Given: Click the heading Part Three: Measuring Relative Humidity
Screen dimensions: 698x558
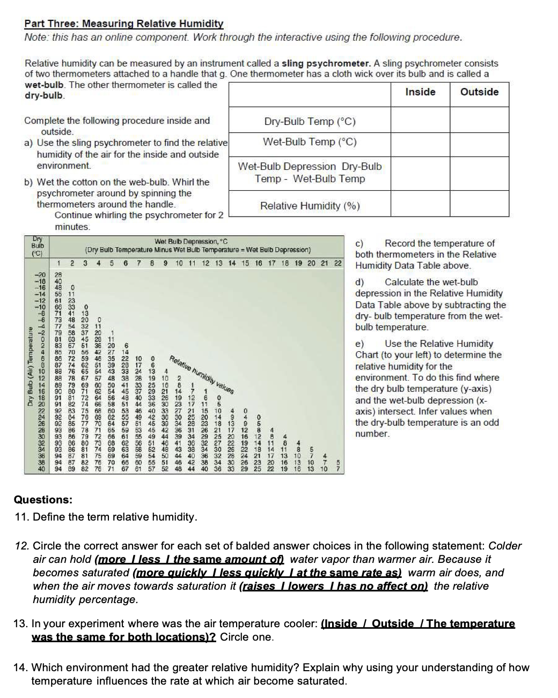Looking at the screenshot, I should click(123, 24).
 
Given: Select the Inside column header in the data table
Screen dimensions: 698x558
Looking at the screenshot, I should click(420, 92).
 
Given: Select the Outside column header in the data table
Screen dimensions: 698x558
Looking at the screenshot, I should click(479, 92).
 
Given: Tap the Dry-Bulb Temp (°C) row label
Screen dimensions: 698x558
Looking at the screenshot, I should click(310, 122).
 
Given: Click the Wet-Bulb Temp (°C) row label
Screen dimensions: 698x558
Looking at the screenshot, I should click(310, 142).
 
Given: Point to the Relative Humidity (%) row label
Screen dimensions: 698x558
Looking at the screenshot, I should click(310, 206).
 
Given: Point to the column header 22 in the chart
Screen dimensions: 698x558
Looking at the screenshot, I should click(337, 263).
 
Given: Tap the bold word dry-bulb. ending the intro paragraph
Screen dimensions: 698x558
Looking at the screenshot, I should click(45, 96).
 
